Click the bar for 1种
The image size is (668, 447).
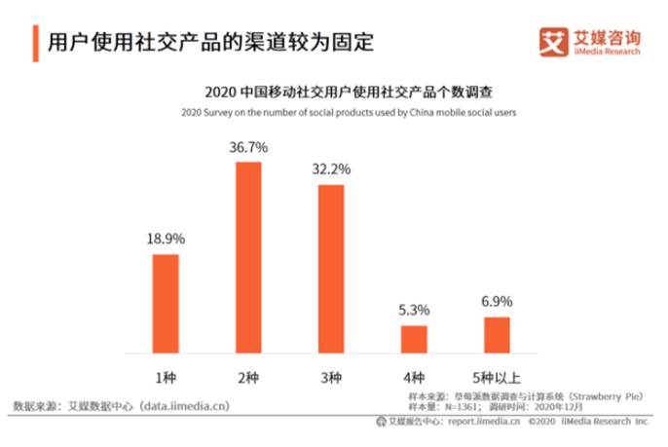pos(166,303)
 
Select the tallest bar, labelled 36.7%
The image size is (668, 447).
pos(248,257)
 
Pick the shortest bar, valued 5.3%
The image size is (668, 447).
pos(414,339)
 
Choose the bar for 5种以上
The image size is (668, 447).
pos(497,334)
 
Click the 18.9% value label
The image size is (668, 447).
pos(166,239)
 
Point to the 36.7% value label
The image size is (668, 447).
pos(248,147)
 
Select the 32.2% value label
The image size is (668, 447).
pos(331,168)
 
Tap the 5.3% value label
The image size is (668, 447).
pos(414,310)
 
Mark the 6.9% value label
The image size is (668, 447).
pos(497,301)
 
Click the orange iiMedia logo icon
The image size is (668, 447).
pos(553,43)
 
